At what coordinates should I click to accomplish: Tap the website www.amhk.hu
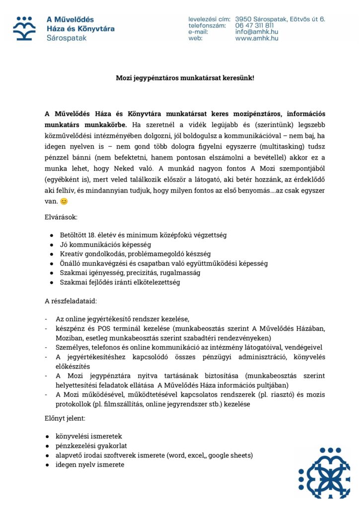(x=256, y=38)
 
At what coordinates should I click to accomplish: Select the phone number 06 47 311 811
(x=254, y=25)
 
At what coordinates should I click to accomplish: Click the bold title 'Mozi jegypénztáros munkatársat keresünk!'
(x=185, y=78)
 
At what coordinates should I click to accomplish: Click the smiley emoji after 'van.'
(x=64, y=201)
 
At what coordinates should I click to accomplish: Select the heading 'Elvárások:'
(x=61, y=217)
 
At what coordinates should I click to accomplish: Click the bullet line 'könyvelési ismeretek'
(x=89, y=436)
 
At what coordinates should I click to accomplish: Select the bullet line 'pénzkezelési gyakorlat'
(x=91, y=445)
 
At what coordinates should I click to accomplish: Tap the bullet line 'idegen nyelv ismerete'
(x=90, y=465)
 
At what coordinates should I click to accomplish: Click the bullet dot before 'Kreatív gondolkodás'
(x=52, y=254)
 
